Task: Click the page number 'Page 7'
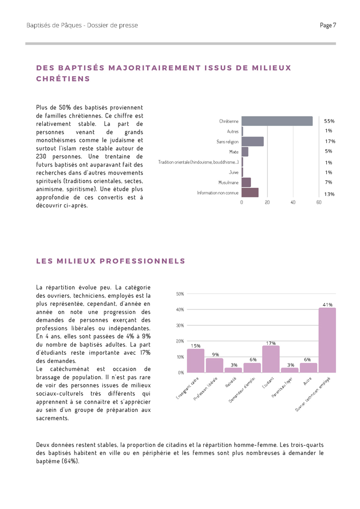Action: pos(328,25)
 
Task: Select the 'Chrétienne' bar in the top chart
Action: pos(277,121)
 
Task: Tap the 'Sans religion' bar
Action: pos(253,142)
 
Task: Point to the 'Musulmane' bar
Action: pos(246,182)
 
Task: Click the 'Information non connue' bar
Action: pos(250,192)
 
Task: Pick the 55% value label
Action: pos(329,121)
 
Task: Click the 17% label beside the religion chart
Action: pos(329,142)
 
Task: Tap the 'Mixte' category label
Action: pos(234,152)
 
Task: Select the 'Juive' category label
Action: pos(234,172)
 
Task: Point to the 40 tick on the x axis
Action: pos(293,203)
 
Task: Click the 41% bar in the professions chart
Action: pos(327,340)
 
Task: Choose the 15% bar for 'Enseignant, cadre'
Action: pos(196,360)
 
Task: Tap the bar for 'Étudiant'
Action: pos(271,359)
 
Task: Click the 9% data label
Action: pos(215,354)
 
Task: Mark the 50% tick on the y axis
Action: pos(180,294)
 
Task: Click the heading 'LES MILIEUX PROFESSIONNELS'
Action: pos(110,261)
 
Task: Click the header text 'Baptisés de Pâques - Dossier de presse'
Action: pos(82,25)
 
